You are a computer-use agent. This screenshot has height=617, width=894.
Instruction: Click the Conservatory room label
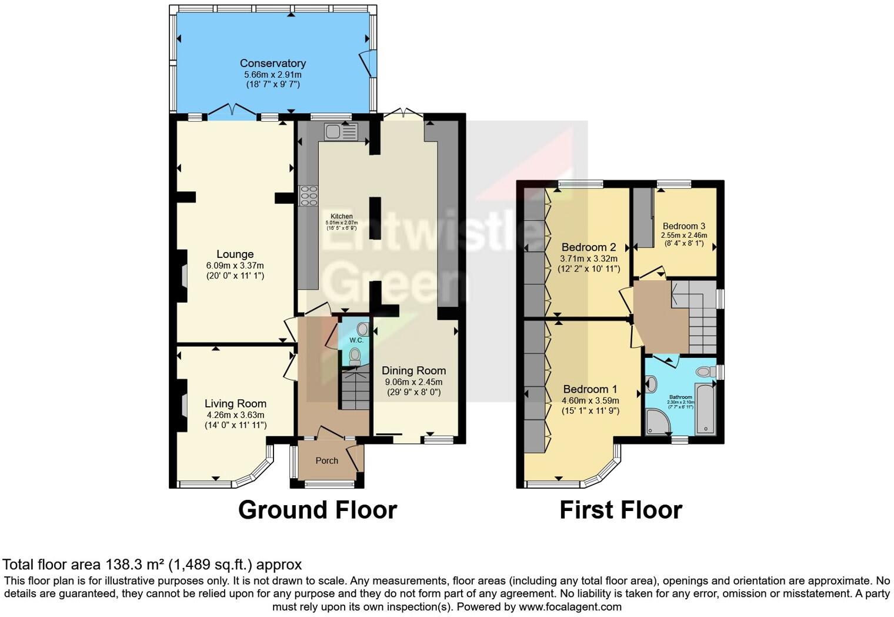pos(272,63)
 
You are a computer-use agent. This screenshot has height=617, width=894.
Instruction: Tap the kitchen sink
pos(341,132)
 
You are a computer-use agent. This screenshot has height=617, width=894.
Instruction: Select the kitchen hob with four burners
pos(309,195)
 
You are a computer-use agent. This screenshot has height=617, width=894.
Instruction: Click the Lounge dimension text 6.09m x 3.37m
pos(235,266)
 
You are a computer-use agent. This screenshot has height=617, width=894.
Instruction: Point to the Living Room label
pos(235,403)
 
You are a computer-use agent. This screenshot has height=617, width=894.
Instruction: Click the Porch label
pos(326,460)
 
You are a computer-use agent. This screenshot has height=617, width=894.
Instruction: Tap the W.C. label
pos(356,340)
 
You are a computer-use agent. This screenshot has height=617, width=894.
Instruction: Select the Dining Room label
pos(413,370)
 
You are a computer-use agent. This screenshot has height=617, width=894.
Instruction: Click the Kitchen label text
pos(342,216)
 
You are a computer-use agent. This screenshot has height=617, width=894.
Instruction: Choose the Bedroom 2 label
pos(588,247)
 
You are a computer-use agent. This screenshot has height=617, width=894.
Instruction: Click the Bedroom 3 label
pos(683,226)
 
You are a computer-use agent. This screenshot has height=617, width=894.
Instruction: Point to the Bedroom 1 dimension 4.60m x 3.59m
pos(590,400)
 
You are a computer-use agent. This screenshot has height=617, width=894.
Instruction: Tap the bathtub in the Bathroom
pos(705,408)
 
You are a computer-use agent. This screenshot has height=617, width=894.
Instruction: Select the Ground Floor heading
pos(318,510)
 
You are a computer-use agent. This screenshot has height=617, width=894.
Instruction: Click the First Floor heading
pos(621,510)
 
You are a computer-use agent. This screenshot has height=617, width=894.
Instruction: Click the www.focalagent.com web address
pos(569,606)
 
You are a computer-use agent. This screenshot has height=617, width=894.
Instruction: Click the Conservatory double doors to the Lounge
pos(232,110)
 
